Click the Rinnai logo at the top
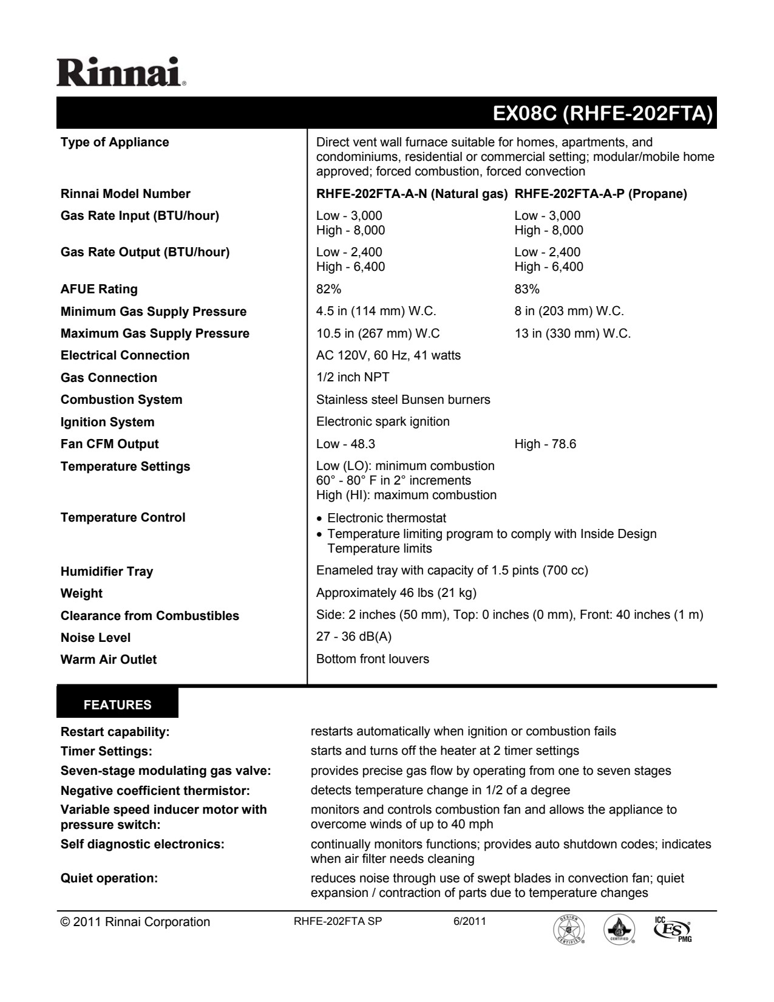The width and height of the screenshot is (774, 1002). click(x=121, y=72)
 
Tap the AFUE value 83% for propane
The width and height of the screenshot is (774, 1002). click(x=527, y=289)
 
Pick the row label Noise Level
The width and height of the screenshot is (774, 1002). click(x=95, y=638)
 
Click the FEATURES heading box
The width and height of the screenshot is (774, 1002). click(x=117, y=705)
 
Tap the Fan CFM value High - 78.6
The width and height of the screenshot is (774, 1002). click(x=545, y=444)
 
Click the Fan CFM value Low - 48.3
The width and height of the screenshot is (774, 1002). click(x=341, y=444)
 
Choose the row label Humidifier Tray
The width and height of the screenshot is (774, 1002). click(x=107, y=571)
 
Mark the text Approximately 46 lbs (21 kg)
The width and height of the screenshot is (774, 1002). click(x=396, y=593)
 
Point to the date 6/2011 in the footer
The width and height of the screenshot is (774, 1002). click(x=469, y=921)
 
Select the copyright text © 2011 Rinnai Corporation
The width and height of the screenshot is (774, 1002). click(x=135, y=922)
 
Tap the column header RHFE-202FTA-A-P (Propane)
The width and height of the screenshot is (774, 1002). click(x=601, y=194)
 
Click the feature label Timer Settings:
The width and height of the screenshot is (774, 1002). click(x=106, y=751)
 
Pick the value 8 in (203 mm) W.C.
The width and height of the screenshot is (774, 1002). click(x=569, y=312)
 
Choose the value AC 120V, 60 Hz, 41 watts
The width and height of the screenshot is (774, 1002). click(x=389, y=355)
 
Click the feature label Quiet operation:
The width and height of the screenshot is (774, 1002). click(x=109, y=878)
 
